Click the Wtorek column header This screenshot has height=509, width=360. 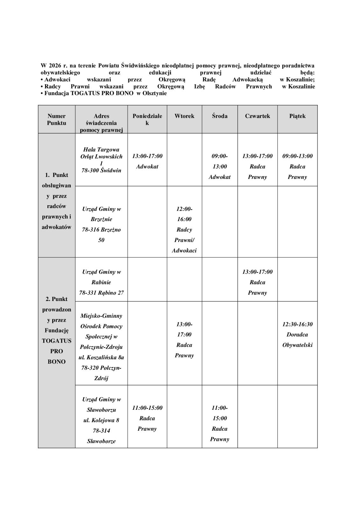click(184, 116)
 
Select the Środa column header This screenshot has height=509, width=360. click(220, 116)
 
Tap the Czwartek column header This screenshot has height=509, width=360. click(257, 116)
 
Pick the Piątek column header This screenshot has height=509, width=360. click(297, 116)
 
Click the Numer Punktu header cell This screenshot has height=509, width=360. click(56, 119)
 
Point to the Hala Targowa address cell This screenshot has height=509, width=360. click(101, 160)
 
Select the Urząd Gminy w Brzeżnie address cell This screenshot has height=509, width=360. click(101, 224)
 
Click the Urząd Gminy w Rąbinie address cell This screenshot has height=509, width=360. click(101, 282)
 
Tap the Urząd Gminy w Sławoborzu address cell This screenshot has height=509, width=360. click(101, 420)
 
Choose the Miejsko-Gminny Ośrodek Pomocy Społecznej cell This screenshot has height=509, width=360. click(101, 347)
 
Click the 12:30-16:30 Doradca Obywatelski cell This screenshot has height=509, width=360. click(297, 334)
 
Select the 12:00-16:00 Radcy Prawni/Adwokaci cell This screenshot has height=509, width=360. click(184, 229)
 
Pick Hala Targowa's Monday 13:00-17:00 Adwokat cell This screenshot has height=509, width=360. click(147, 161)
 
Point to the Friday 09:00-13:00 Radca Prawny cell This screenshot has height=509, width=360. click(297, 166)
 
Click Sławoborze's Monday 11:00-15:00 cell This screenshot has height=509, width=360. click(147, 418)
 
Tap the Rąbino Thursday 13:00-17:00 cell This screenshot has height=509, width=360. click(257, 282)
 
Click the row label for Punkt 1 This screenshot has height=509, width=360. click(56, 201)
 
